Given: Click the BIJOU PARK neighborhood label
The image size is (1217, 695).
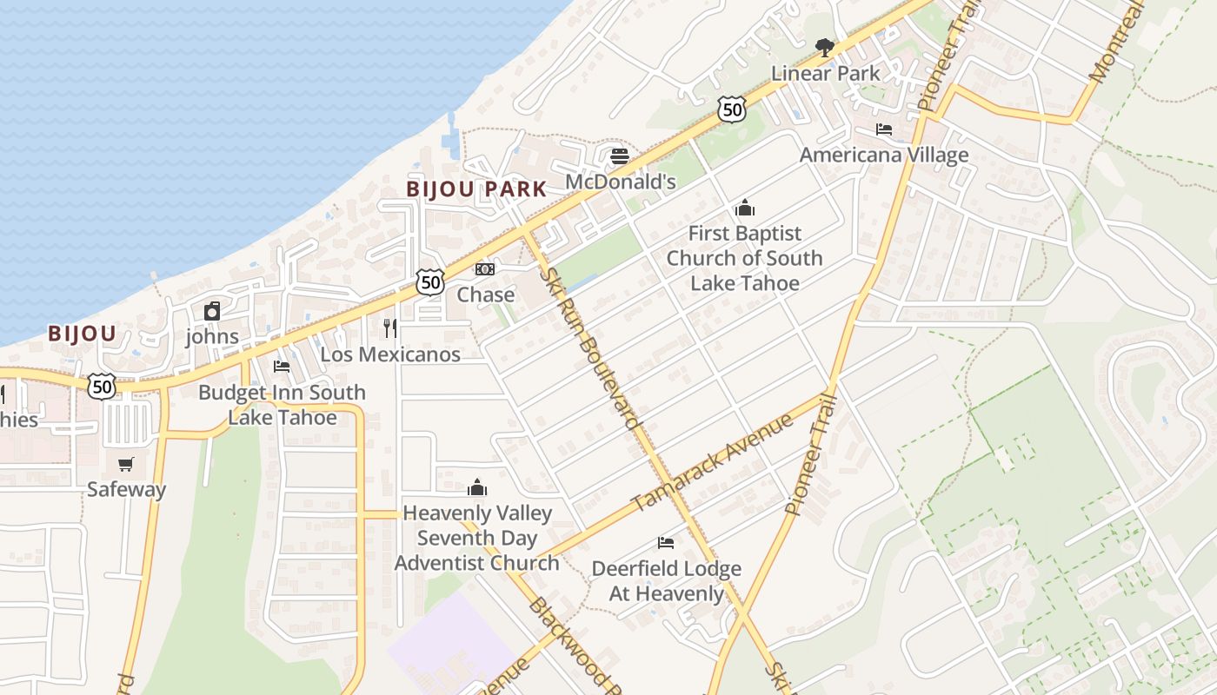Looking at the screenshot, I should tap(477, 189).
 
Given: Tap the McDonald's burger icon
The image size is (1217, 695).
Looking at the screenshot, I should tap(620, 156).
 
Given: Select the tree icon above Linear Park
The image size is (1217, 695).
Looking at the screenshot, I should tap(824, 48).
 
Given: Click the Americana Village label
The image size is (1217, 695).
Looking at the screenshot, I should tap(883, 156).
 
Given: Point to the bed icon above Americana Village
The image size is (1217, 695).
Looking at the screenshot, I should tap(884, 129).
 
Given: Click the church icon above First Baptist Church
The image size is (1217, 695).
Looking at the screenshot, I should tap(744, 208).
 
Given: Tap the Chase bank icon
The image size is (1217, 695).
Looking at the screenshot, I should tap(485, 269).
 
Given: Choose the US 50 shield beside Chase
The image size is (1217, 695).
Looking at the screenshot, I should tap(429, 281).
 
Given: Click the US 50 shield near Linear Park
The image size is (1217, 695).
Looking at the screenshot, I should tap(732, 109).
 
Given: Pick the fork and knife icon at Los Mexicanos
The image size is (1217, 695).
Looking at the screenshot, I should tap(390, 328).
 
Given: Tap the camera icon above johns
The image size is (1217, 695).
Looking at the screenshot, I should tap(211, 311).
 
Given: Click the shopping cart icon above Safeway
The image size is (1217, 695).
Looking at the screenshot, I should tap(126, 464).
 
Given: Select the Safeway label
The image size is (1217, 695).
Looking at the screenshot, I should tap(126, 489).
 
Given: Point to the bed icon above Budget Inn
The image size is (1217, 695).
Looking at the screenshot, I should tap(281, 367).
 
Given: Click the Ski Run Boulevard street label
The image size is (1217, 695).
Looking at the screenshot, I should tap(591, 348).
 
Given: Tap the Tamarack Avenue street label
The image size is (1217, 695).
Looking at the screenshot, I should tap(712, 463).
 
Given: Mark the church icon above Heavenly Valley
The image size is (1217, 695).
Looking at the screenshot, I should tap(477, 487).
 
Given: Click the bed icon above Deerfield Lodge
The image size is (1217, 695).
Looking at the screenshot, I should tap(666, 544).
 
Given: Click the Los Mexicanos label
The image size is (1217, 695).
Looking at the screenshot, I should tap(390, 354).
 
